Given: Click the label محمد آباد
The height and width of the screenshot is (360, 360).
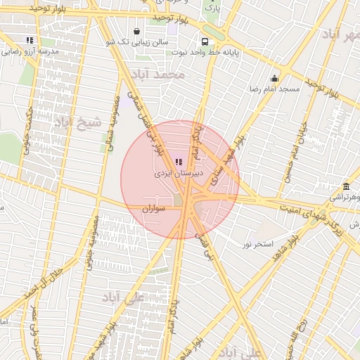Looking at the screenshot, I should [x=161, y=73].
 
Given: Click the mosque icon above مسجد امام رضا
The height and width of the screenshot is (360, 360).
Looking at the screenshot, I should [x=274, y=78].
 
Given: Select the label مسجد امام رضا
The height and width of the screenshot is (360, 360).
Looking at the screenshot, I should [x=274, y=90].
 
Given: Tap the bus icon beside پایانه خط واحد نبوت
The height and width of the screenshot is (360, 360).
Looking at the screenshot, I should [x=205, y=41].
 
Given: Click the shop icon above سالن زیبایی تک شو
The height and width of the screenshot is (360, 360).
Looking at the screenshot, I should [x=136, y=31].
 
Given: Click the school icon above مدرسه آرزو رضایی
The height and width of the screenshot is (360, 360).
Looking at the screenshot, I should [x=29, y=40].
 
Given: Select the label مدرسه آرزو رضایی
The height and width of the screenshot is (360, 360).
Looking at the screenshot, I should [x=30, y=51].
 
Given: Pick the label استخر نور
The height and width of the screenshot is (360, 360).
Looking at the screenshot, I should [x=257, y=244].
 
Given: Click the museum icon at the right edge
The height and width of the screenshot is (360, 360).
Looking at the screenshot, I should [x=346, y=187].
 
